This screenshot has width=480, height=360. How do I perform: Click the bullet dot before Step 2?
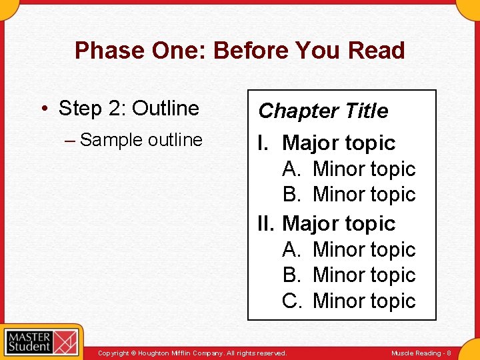(47, 109)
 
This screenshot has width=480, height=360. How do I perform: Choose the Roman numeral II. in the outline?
(267, 223)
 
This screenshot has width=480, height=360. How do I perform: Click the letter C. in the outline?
(293, 301)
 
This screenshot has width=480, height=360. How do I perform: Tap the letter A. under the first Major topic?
(293, 169)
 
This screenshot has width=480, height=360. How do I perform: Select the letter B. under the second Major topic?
(293, 275)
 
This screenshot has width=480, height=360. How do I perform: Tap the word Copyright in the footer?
(113, 353)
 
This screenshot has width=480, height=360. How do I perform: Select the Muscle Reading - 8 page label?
(421, 353)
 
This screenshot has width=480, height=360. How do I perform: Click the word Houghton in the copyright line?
(155, 353)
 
